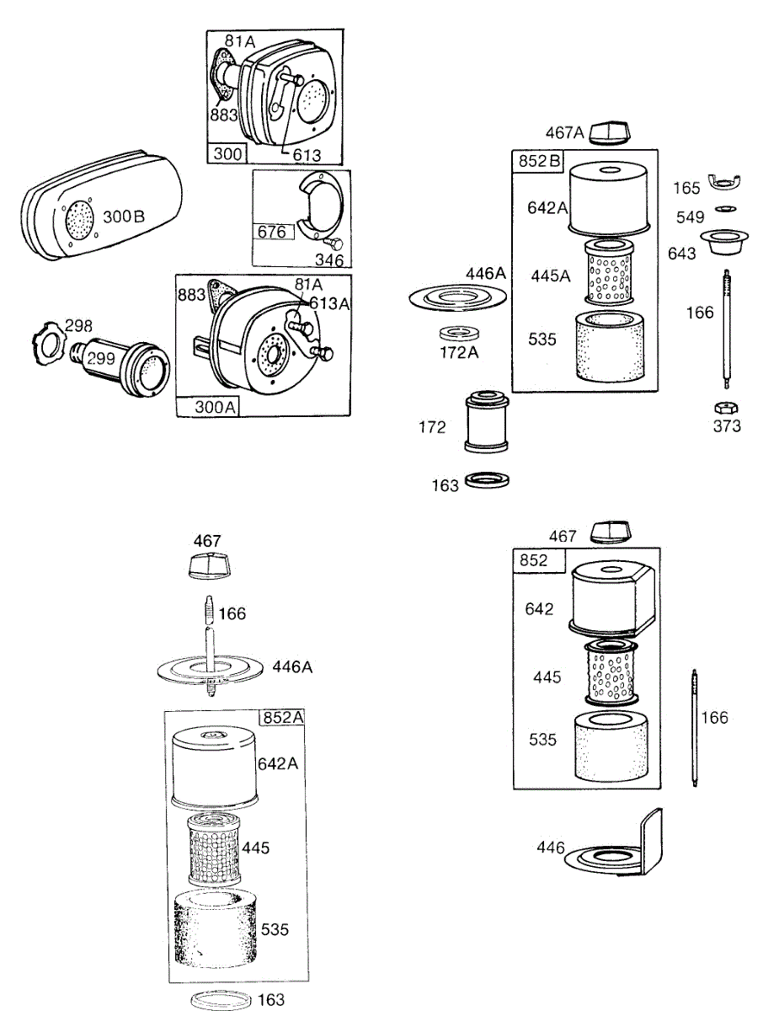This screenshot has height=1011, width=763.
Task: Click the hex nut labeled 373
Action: click(x=726, y=407)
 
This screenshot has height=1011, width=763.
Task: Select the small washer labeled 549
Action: click(x=725, y=209)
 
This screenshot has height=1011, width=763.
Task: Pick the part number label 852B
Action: click(x=539, y=161)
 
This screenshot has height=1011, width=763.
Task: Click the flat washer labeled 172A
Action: click(x=460, y=333)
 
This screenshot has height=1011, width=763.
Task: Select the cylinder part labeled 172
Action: click(x=487, y=421)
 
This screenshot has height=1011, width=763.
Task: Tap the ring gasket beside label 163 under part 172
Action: click(x=487, y=480)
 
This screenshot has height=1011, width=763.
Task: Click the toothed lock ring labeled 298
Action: click(x=48, y=344)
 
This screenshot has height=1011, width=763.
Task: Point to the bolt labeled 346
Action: click(x=334, y=243)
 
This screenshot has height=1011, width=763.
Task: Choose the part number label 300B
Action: click(x=124, y=216)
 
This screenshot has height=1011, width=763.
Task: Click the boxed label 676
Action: click(x=271, y=232)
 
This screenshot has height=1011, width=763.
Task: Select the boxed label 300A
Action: click(x=215, y=407)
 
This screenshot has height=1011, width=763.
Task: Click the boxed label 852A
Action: click(x=283, y=717)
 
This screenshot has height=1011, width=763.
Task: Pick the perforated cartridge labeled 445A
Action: click(x=608, y=272)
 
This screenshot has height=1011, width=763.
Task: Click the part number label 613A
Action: click(x=329, y=303)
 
